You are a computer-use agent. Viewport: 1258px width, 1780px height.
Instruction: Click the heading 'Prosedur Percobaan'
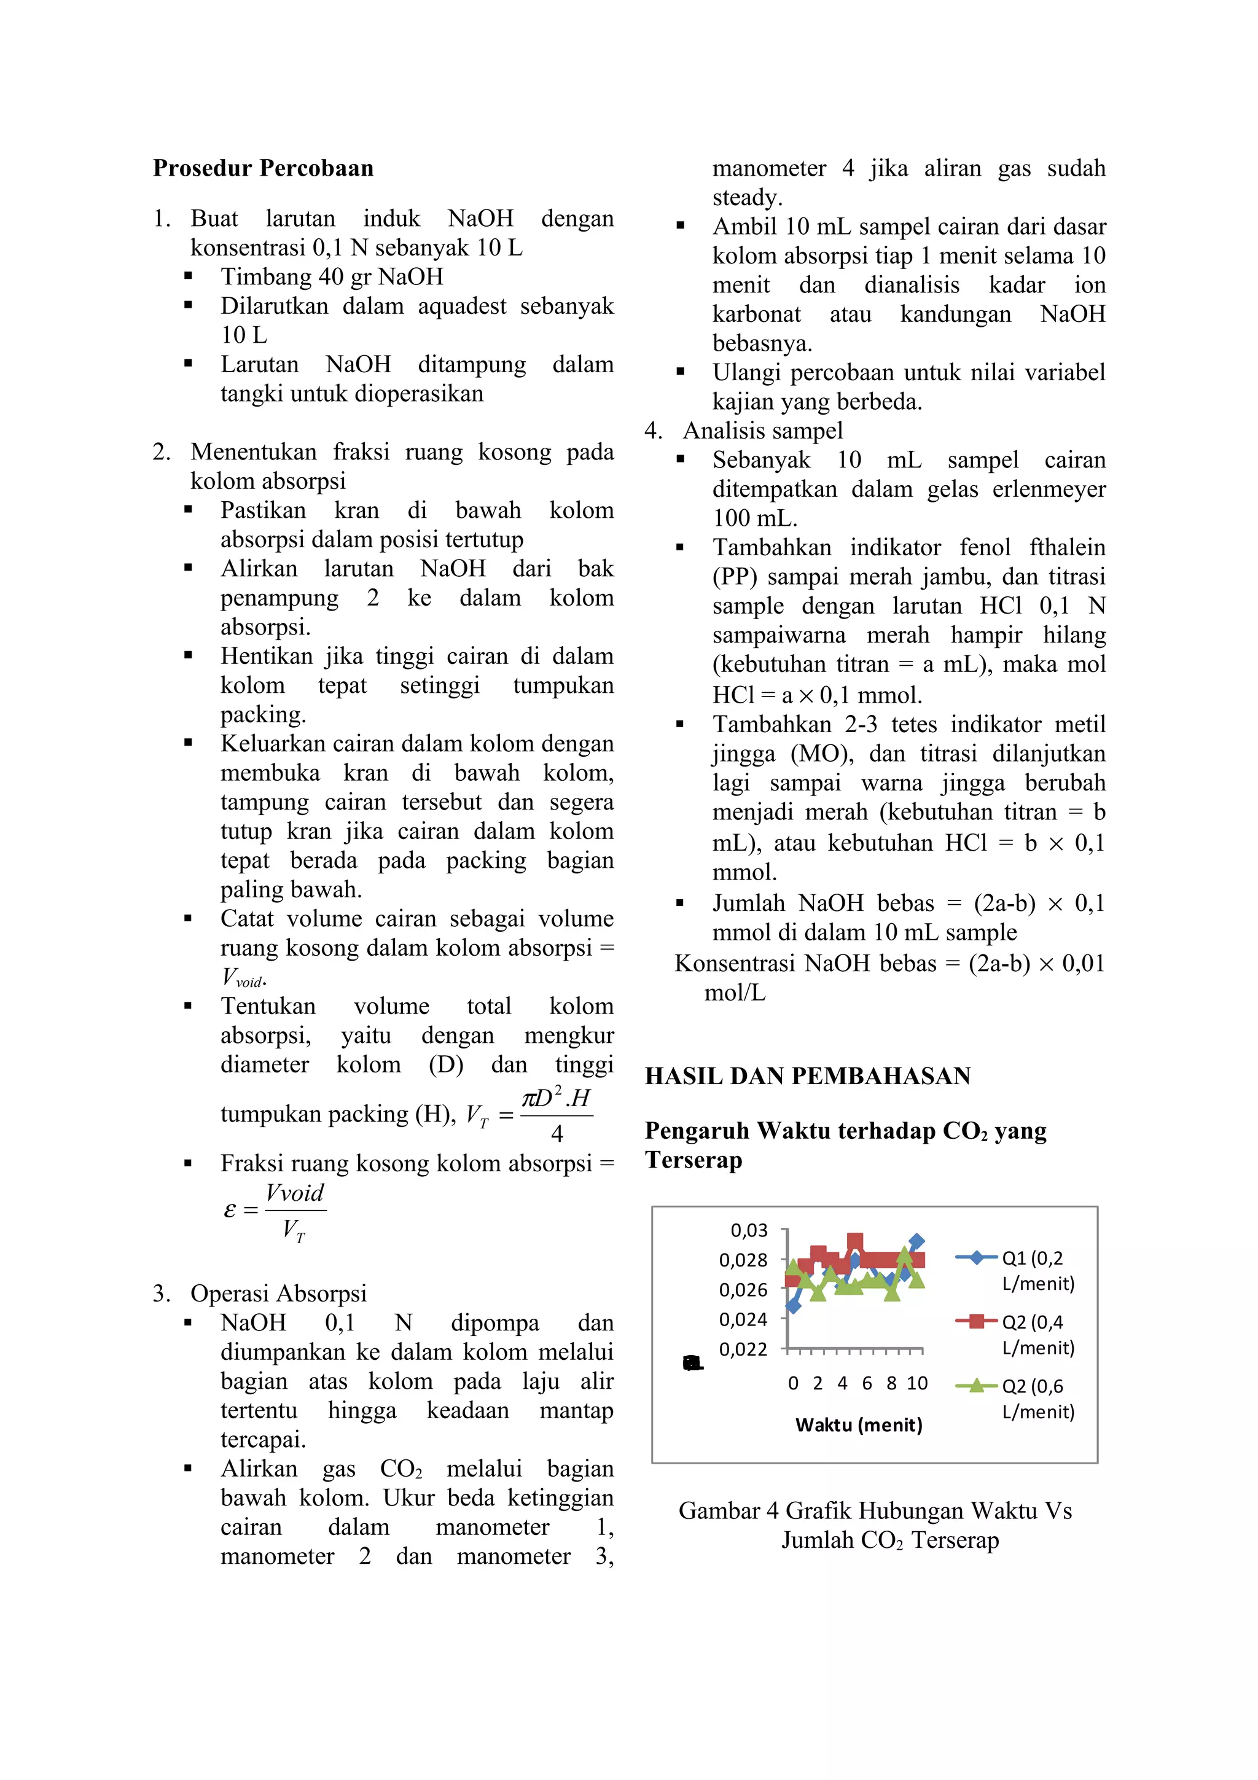263,168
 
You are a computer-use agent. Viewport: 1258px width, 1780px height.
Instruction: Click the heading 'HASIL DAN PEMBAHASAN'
808,1076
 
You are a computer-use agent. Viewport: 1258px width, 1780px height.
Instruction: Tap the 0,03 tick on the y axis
749,1230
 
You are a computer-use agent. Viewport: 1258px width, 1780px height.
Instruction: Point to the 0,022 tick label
743,1349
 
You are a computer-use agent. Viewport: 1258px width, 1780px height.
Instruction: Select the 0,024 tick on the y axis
743,1319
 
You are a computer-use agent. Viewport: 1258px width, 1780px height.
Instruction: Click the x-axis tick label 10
917,1384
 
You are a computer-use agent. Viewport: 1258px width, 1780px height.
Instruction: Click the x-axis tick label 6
867,1384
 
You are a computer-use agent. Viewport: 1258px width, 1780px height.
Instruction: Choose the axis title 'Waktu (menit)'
859,1425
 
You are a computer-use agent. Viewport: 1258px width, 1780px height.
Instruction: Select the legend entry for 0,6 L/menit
1015,1399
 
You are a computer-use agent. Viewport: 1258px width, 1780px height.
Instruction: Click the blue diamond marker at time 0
793,1306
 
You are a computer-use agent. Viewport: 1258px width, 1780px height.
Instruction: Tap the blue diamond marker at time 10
916,1242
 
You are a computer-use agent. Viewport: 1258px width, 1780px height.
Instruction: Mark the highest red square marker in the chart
855,1242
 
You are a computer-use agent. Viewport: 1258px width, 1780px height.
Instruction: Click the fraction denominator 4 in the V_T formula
557,1134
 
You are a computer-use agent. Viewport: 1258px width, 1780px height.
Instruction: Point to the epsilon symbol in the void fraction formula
230,1209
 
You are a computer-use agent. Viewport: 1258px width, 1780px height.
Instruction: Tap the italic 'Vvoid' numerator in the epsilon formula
295,1193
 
